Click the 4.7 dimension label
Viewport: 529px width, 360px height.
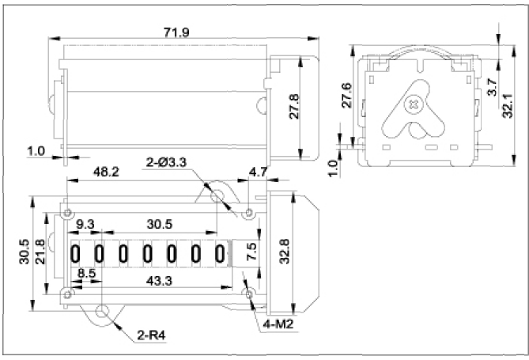point(259,171)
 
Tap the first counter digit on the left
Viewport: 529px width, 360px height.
point(77,253)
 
